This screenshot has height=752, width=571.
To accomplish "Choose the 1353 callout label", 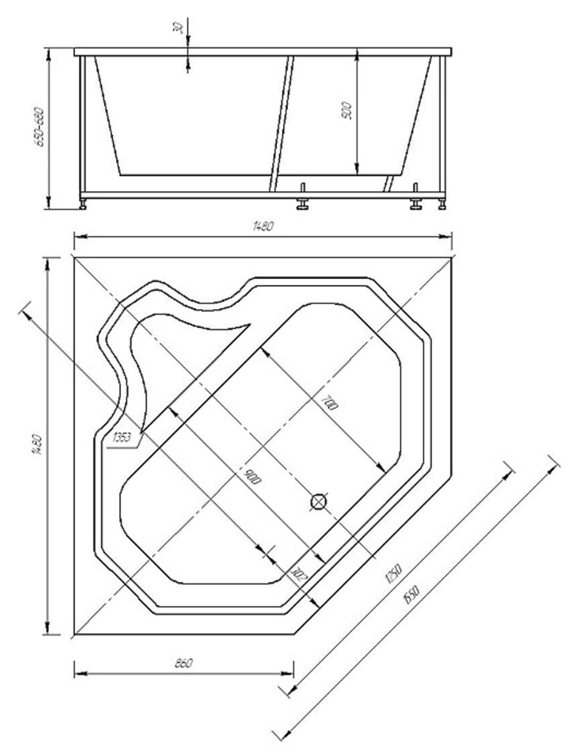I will pos(121,437).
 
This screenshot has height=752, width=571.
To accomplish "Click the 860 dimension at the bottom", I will pos(184,663).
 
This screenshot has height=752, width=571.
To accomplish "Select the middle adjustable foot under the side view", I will pos(303,202).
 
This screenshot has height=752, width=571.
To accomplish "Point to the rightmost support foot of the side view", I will pos(441,202).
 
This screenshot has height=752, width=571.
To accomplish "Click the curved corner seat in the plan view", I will pos(173,353).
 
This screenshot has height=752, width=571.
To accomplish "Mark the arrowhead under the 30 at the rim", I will pos(187,67).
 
